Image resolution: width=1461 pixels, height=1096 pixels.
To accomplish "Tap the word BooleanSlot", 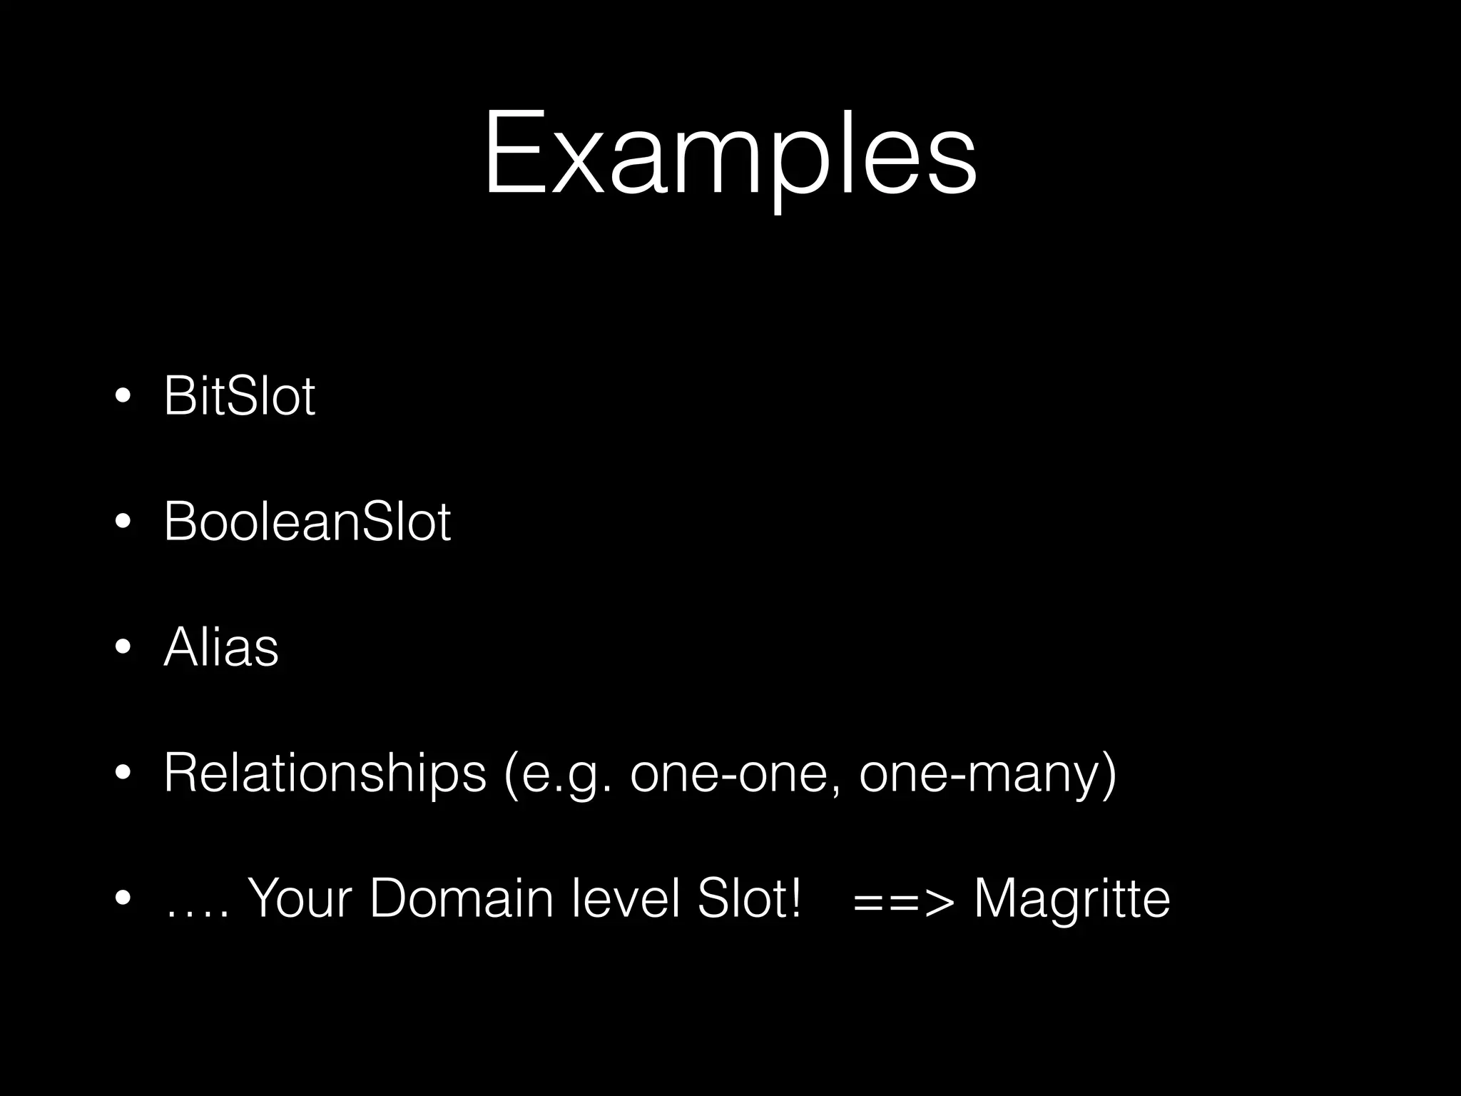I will [x=307, y=522].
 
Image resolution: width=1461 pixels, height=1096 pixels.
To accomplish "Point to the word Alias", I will [x=221, y=647].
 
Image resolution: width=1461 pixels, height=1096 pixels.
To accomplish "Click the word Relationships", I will [x=325, y=773].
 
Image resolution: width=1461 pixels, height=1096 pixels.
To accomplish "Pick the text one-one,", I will [x=735, y=773].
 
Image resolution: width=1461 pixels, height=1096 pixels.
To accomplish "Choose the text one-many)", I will [x=988, y=773].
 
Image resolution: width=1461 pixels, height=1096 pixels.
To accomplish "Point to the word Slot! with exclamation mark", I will [x=749, y=898].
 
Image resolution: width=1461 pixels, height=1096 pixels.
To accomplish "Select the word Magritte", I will [x=1071, y=898].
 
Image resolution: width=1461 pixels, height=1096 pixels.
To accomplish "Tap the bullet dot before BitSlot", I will [x=123, y=397].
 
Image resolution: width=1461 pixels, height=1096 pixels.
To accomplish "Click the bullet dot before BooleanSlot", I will [x=123, y=522].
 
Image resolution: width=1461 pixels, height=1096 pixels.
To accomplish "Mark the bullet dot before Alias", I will [x=123, y=648].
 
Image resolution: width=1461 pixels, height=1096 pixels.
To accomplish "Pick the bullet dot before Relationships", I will [x=123, y=773].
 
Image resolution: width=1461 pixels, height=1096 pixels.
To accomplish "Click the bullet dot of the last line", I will [x=123, y=899].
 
